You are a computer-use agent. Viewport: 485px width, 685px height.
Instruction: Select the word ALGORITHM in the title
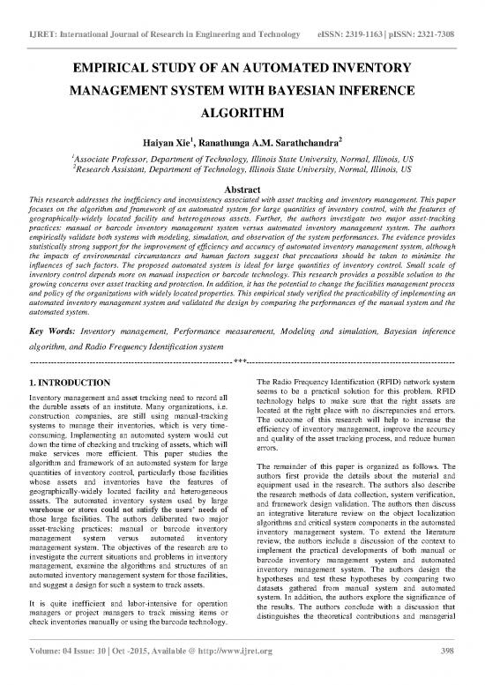[x=242, y=115]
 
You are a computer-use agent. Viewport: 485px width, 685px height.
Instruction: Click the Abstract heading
[x=242, y=190]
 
